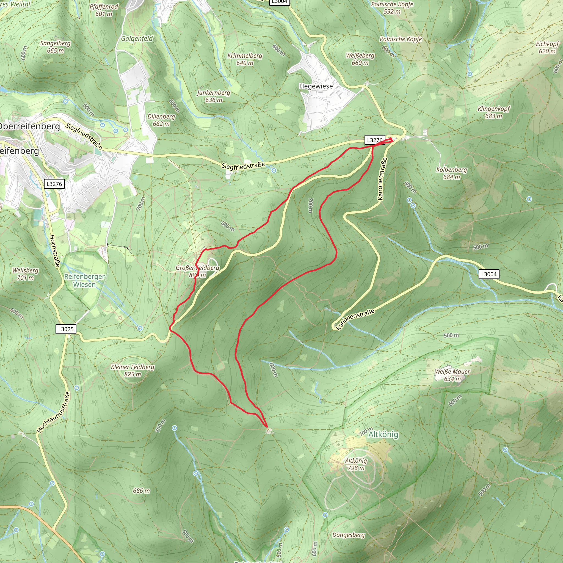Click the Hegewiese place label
pyautogui.click(x=316, y=86)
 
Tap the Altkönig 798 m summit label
pyautogui.click(x=356, y=464)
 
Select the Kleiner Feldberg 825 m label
pyautogui.click(x=133, y=370)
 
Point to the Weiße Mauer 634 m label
pyautogui.click(x=452, y=375)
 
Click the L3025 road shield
pyautogui.click(x=66, y=329)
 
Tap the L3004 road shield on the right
pyautogui.click(x=489, y=274)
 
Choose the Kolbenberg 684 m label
pyautogui.click(x=451, y=173)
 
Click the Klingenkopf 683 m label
pyautogui.click(x=494, y=112)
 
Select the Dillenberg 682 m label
pyautogui.click(x=161, y=120)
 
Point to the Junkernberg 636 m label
pyautogui.click(x=214, y=96)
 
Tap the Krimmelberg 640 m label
pyautogui.click(x=245, y=59)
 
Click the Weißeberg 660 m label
pyautogui.click(x=360, y=59)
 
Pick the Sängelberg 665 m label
pyautogui.click(x=55, y=47)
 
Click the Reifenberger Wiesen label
pyautogui.click(x=84, y=280)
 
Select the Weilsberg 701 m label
pyautogui.click(x=25, y=274)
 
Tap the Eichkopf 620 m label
pyautogui.click(x=547, y=48)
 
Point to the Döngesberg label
pyautogui.click(x=349, y=535)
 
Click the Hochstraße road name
pyautogui.click(x=54, y=251)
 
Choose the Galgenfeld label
pyautogui.click(x=137, y=38)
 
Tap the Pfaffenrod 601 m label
pyautogui.click(x=104, y=10)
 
